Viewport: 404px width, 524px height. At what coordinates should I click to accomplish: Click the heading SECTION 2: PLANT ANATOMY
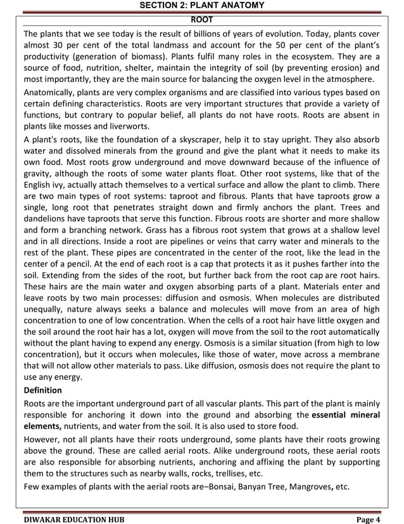[202, 6]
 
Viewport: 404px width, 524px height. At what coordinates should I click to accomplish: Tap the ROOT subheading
[202, 20]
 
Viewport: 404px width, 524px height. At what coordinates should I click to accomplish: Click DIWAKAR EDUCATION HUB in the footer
[74, 518]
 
